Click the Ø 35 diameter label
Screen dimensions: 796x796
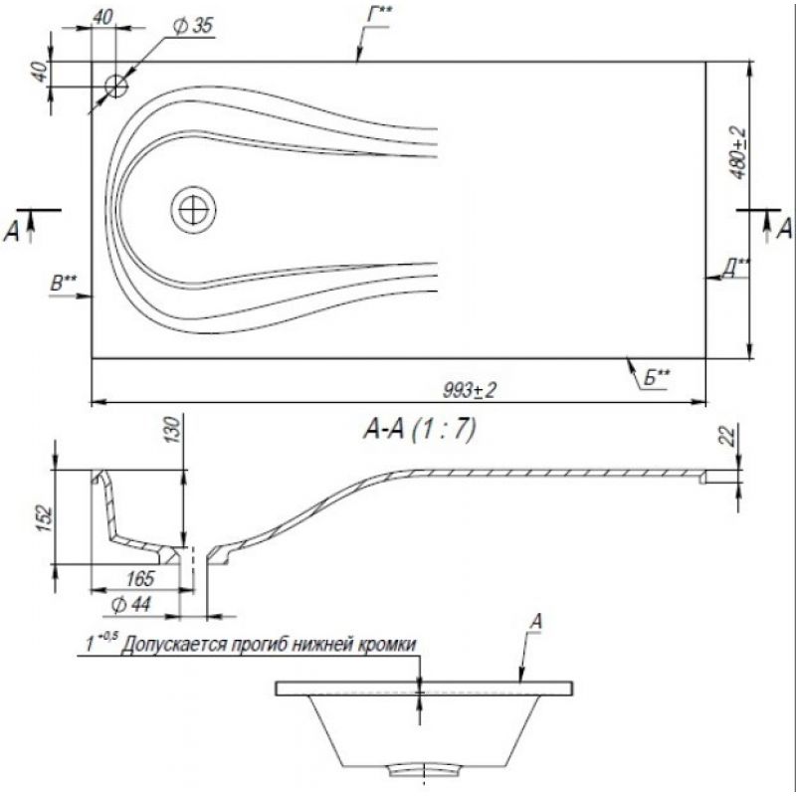(x=193, y=26)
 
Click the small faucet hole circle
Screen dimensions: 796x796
(x=116, y=87)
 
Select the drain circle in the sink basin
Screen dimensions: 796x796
(x=193, y=210)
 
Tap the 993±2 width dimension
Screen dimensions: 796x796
(x=470, y=390)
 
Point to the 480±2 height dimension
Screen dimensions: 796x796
(x=739, y=153)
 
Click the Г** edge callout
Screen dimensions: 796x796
(x=380, y=15)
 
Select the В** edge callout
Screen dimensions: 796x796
(x=64, y=284)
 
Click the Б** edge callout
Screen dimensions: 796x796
(x=657, y=378)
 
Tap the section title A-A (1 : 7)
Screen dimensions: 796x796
(x=419, y=430)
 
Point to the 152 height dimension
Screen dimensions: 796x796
(x=45, y=518)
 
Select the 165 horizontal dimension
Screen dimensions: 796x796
(x=139, y=578)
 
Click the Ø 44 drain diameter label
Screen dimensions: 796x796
(x=130, y=605)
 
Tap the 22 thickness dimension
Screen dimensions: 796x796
(x=729, y=437)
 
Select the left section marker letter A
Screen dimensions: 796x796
(x=11, y=232)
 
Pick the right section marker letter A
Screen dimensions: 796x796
(x=784, y=229)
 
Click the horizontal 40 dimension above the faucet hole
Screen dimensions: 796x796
(x=102, y=17)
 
